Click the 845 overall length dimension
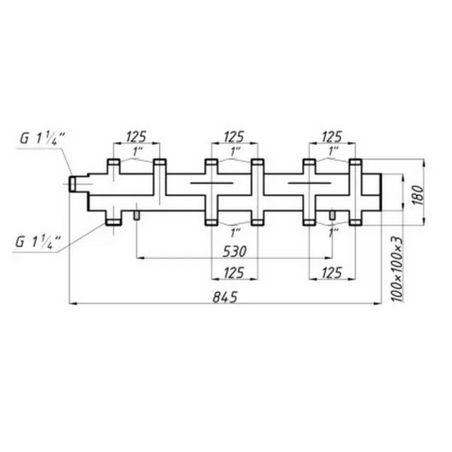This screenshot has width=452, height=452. (225, 297)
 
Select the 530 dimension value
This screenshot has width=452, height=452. (234, 251)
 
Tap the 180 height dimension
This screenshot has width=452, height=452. (418, 195)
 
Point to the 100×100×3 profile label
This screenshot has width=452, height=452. (397, 268)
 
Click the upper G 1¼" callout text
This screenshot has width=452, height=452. (42, 138)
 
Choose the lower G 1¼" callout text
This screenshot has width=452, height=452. (38, 242)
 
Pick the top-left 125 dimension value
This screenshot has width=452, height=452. (137, 137)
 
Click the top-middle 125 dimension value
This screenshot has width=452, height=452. (234, 137)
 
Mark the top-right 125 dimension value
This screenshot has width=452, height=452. (331, 137)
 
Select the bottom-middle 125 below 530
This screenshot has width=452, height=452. (234, 273)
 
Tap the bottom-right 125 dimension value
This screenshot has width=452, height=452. (332, 273)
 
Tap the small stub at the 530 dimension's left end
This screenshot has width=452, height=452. (137, 215)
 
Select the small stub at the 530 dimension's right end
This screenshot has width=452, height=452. (332, 215)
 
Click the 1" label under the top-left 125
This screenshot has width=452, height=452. (137, 153)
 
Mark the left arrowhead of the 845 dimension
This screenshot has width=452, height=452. (73, 303)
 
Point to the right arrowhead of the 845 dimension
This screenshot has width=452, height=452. (377, 303)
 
